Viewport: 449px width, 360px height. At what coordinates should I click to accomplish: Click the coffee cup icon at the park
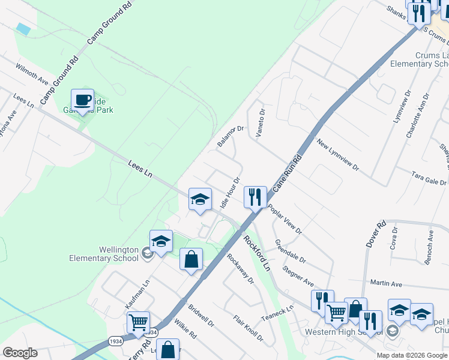[82, 100]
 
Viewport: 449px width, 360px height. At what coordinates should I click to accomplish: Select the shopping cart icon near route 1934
[139, 322]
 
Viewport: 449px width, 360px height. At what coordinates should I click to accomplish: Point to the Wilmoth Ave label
[32, 74]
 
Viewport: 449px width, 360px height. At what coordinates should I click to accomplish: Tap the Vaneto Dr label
[261, 123]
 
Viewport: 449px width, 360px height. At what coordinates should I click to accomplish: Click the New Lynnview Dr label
[337, 155]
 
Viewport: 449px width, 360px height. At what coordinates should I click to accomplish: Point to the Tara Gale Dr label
[429, 178]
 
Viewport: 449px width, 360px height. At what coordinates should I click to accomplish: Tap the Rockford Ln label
[258, 252]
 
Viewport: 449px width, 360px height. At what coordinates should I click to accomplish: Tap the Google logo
[20, 353]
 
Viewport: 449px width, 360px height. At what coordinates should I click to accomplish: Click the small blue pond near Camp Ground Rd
[23, 28]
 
